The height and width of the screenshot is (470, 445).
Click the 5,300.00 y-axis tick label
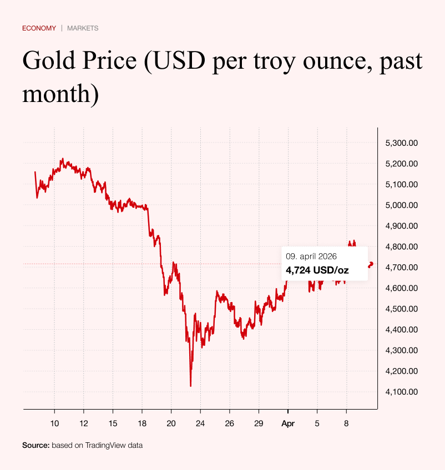401,143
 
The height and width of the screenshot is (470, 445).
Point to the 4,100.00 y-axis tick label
401,392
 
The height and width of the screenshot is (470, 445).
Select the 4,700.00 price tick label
401,267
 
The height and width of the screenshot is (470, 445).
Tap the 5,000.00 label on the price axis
401,205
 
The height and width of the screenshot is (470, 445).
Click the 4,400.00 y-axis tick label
401,330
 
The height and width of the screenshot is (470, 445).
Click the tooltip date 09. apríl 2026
311,257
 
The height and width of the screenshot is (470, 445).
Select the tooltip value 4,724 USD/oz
317,270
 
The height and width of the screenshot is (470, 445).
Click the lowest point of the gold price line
191,386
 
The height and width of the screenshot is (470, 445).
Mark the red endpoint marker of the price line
371,263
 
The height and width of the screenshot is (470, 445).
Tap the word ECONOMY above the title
39,28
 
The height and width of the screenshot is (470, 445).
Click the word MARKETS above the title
83,28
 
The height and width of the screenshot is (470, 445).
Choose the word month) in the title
60,93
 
